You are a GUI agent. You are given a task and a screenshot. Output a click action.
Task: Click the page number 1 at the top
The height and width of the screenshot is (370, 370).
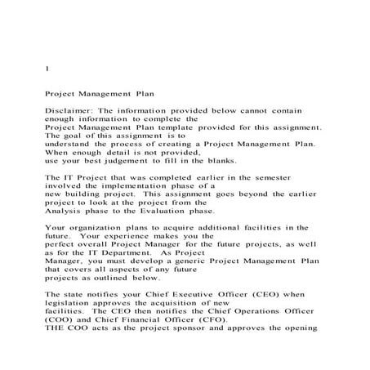point(47,69)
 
